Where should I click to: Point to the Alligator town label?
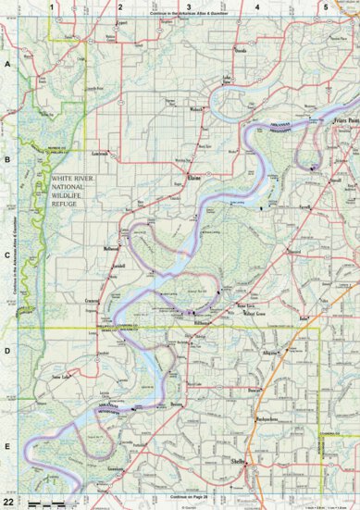coord(270,354)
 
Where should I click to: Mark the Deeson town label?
coord(175,404)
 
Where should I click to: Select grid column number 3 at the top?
coord(189,6)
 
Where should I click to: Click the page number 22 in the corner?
coord(8,501)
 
